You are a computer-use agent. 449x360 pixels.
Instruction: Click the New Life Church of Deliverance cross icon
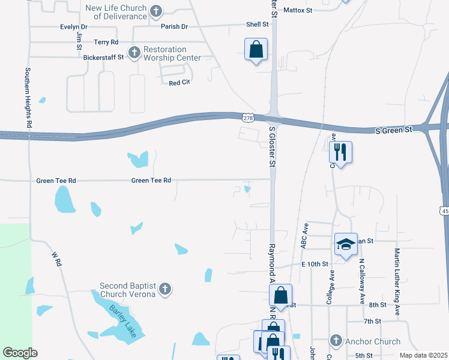coord(155,11)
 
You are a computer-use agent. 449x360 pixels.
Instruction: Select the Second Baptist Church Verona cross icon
coord(165,290)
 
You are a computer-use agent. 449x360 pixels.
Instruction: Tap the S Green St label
coord(394,130)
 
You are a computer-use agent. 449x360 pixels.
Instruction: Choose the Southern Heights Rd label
coord(28,97)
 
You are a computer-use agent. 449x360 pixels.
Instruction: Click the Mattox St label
coord(298,10)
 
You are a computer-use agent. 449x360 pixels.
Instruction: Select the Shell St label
coord(257,25)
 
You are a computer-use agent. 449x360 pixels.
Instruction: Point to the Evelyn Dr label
coord(73,27)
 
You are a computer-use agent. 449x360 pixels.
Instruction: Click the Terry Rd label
coord(106,43)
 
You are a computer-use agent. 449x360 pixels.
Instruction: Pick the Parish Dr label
coord(174,27)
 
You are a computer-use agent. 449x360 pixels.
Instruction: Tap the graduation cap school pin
coord(346,244)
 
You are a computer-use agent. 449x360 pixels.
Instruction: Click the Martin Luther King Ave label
coord(397,275)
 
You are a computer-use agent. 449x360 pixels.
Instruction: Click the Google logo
coord(20,353)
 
